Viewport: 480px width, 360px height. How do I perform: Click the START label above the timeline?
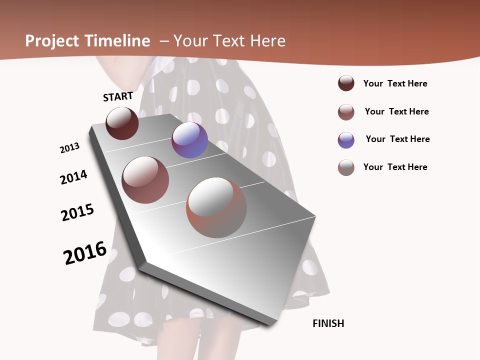click(x=118, y=96)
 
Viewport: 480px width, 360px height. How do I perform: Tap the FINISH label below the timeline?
click(x=328, y=323)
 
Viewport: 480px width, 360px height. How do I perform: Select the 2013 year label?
click(x=69, y=148)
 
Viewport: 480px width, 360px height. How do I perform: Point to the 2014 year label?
click(x=73, y=177)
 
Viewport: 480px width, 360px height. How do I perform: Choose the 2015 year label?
click(x=77, y=212)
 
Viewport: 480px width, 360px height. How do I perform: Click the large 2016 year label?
click(x=85, y=252)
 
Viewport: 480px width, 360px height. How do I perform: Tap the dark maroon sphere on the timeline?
click(x=122, y=123)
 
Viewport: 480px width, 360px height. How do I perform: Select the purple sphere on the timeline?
click(x=189, y=140)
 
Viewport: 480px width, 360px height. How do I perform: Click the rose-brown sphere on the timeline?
click(x=145, y=180)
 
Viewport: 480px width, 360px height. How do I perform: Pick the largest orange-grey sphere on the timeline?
click(x=216, y=207)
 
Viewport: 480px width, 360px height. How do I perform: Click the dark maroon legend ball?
click(x=346, y=83)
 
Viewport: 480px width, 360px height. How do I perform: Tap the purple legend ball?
click(x=346, y=140)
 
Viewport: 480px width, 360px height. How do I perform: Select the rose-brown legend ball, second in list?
click(x=346, y=112)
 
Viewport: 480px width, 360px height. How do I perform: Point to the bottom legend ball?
click(x=346, y=167)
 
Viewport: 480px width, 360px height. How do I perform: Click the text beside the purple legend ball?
click(x=397, y=139)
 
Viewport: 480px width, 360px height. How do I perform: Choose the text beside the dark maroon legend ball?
click(x=395, y=83)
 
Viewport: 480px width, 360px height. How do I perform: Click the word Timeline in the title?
click(x=117, y=41)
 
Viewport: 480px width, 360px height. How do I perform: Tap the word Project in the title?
click(x=52, y=41)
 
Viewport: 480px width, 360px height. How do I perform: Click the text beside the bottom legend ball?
click(x=395, y=167)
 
